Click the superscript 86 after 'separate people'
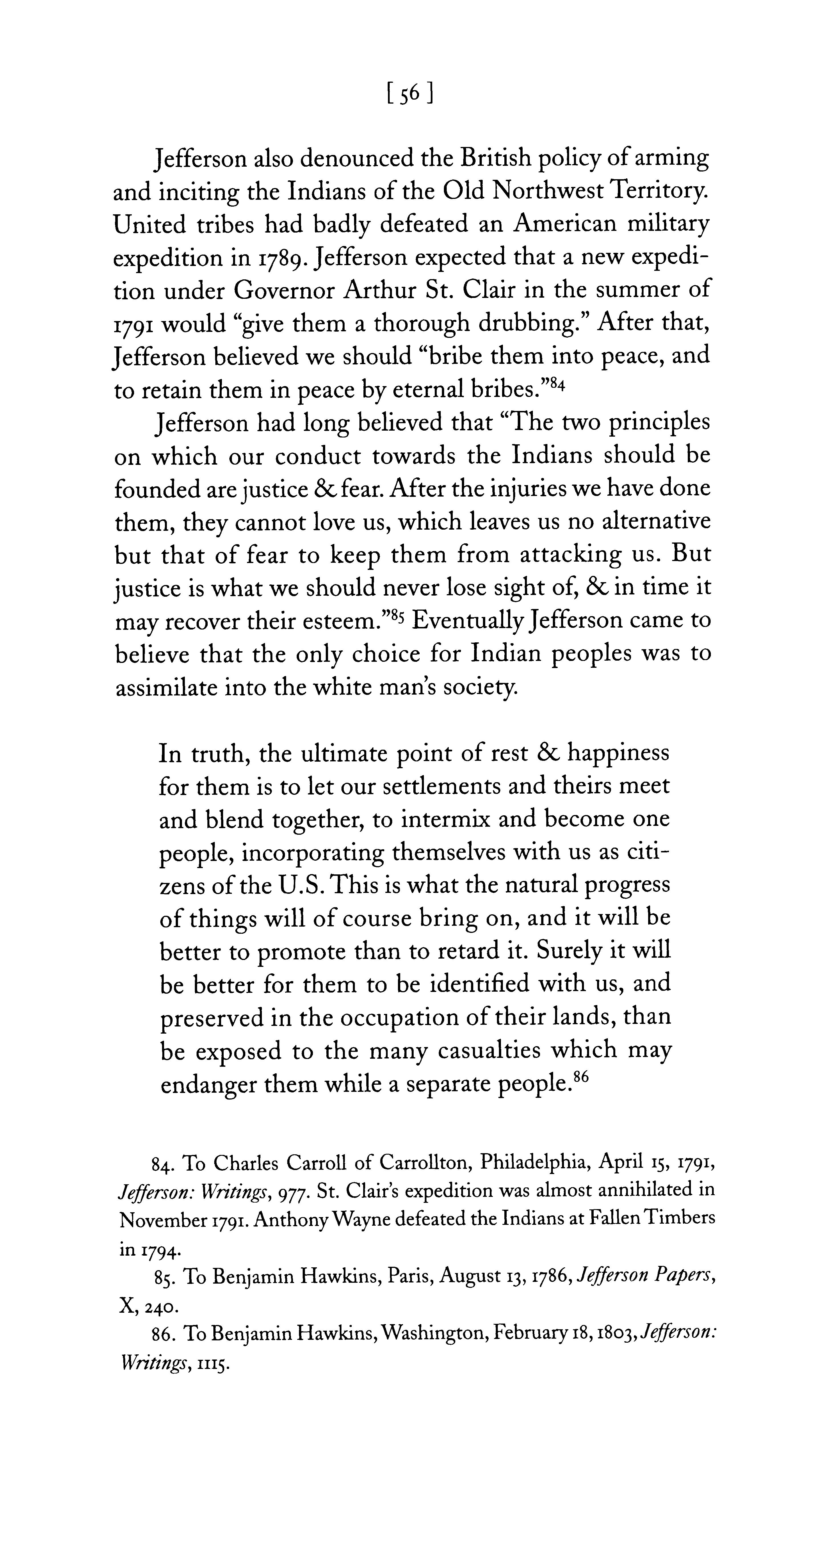pyautogui.click(x=581, y=1077)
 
